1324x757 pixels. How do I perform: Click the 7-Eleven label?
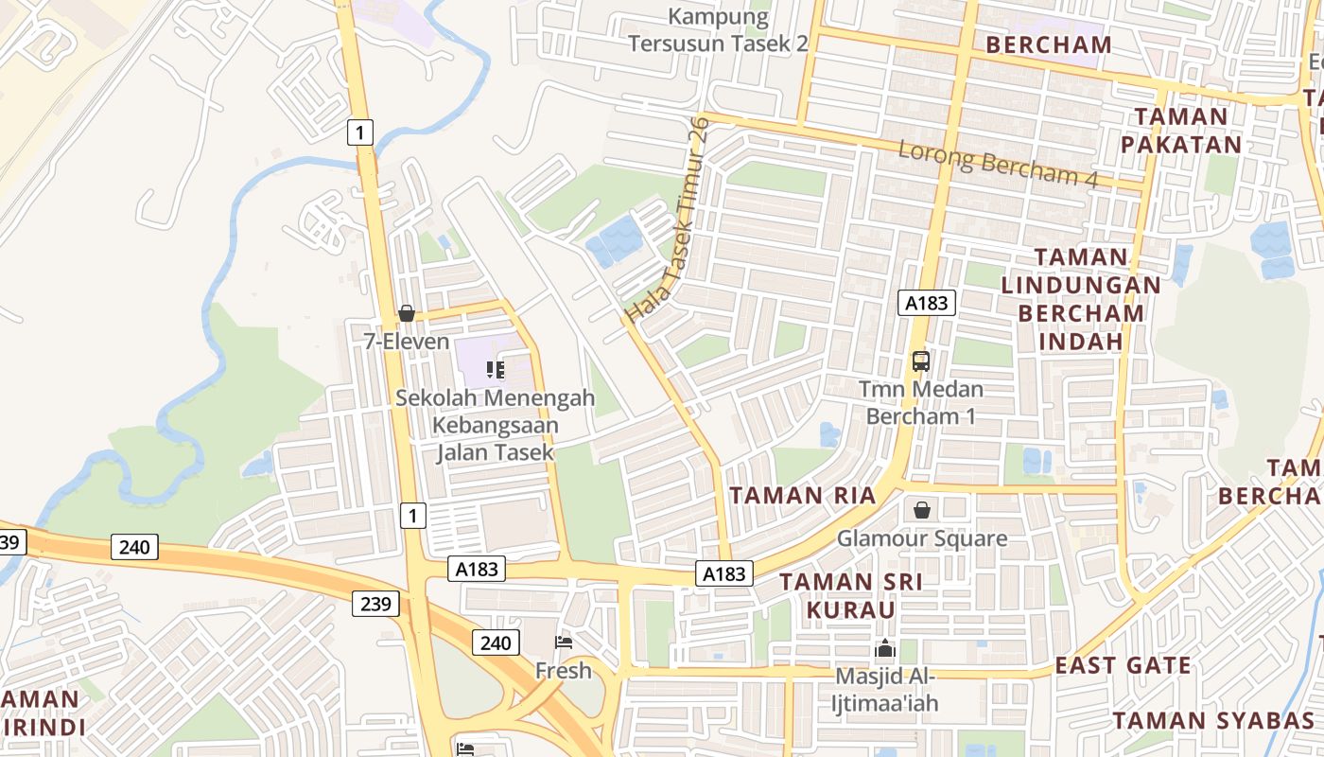(407, 341)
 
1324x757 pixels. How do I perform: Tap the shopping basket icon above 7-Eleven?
(407, 313)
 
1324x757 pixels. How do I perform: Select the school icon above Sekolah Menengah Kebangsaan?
(496, 370)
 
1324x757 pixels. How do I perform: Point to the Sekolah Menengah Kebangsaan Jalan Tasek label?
(496, 425)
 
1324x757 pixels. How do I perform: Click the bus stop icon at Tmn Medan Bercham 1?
(920, 361)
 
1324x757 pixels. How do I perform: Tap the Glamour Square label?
(922, 538)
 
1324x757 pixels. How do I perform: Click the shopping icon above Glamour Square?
(922, 511)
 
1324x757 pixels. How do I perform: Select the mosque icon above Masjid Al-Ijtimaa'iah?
(885, 648)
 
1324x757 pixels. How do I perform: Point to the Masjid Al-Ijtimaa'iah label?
(885, 690)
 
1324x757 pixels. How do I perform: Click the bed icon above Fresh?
(564, 643)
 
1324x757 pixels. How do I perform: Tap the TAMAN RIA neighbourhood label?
(803, 495)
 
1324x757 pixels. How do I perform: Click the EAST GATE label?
(1124, 665)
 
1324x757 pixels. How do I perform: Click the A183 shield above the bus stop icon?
(926, 303)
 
